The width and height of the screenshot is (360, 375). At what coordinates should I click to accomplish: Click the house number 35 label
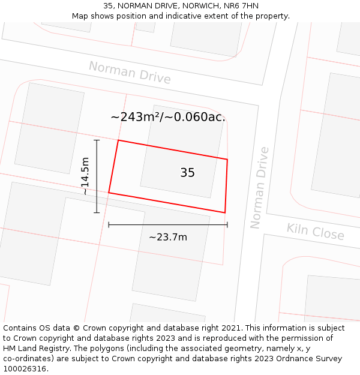(x=187, y=173)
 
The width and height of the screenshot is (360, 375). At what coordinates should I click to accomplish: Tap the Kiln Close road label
(x=315, y=231)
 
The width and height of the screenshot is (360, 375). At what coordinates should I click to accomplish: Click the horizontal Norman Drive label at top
(x=130, y=73)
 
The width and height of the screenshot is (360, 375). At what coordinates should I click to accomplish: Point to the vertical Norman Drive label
(x=259, y=188)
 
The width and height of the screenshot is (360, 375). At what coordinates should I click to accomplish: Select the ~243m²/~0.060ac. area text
(x=168, y=117)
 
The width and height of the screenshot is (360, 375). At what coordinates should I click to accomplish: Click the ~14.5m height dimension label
(x=85, y=176)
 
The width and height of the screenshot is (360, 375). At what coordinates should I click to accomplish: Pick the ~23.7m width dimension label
(x=168, y=237)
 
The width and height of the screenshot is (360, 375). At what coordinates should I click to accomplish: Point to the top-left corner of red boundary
(x=118, y=140)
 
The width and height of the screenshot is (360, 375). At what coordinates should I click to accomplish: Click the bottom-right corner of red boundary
(x=225, y=212)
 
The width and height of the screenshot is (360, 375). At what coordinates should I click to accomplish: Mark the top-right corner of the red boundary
(x=227, y=160)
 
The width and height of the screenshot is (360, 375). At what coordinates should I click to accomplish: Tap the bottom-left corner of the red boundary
(x=109, y=193)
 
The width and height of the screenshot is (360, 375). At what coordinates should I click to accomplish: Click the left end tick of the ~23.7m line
(x=109, y=225)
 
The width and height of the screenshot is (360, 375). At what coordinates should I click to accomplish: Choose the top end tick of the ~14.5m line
(x=97, y=140)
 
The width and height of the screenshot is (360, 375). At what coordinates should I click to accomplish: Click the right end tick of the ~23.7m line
(x=227, y=225)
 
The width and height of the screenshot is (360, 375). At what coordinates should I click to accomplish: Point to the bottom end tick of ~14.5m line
(x=97, y=212)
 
